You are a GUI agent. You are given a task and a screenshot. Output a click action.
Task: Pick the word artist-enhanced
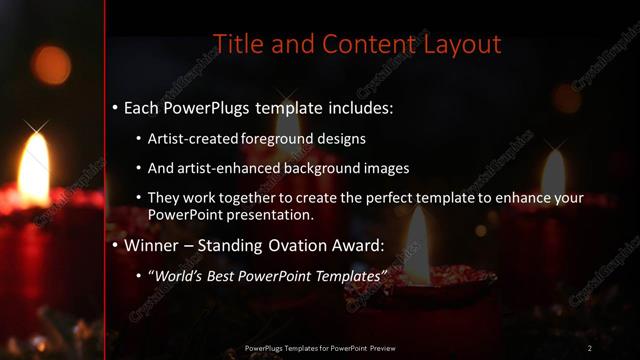(221, 169)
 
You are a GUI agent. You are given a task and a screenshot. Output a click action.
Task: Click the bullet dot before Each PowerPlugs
(115, 106)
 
